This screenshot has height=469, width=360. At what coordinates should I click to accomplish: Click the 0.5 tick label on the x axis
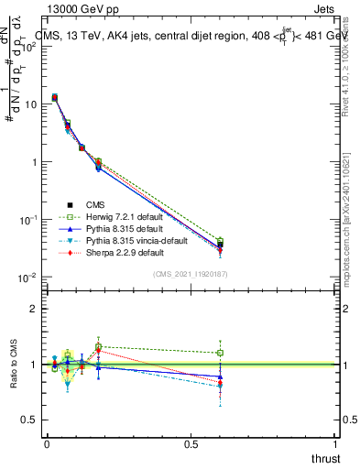point(191,443)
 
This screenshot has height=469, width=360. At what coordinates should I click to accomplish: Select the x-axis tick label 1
point(336,443)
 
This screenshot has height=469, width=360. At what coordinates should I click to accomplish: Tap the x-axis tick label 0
point(47,443)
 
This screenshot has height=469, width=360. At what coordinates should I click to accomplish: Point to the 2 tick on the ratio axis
point(34,309)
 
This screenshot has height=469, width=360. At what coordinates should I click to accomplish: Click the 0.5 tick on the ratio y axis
point(30,420)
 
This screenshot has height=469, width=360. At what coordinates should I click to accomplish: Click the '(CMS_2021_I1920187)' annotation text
point(191,275)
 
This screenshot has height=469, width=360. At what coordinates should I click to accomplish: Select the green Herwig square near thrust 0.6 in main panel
point(220,241)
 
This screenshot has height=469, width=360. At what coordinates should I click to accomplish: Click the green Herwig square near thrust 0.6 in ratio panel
point(220,353)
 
